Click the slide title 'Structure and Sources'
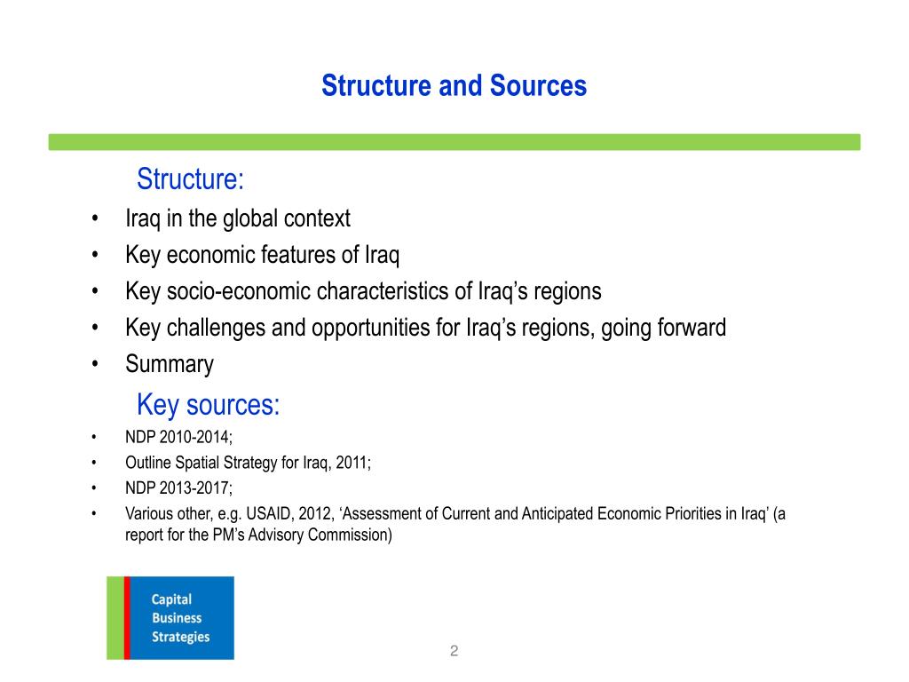[454, 86]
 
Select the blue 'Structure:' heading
[190, 179]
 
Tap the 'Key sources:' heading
[208, 405]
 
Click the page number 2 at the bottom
[454, 651]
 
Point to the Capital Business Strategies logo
[170, 618]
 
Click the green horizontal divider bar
[454, 142]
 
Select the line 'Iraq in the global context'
[238, 218]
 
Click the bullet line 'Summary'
[170, 364]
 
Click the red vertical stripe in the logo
[127, 618]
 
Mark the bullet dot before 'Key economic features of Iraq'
[95, 256]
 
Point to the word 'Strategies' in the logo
[180, 637]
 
